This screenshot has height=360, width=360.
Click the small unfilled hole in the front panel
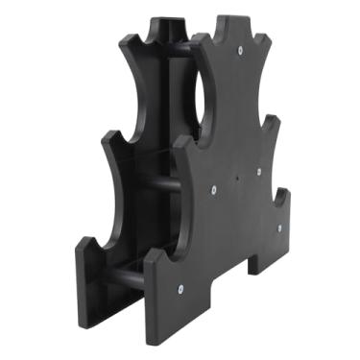coord(237,176)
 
